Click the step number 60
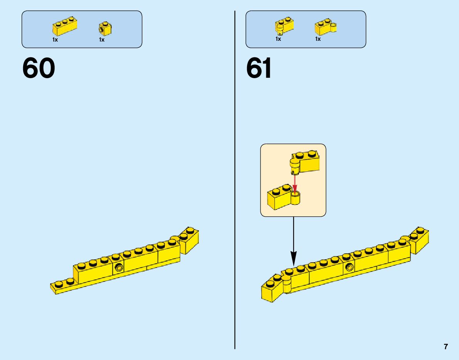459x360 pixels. click(39, 69)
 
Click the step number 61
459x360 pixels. click(259, 69)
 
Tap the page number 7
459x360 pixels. click(446, 347)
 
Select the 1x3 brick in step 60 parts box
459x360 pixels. click(65, 26)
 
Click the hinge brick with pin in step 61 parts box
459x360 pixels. click(284, 26)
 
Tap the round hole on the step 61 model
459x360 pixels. click(349, 268)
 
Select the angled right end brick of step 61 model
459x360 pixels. click(419, 239)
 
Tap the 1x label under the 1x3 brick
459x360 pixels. click(55, 40)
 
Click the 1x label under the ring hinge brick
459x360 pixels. click(318, 39)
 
